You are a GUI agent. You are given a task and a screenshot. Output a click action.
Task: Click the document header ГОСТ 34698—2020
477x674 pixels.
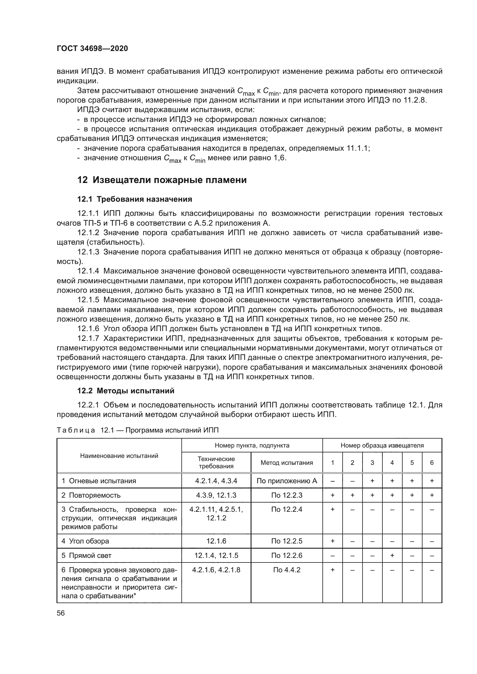[92, 49]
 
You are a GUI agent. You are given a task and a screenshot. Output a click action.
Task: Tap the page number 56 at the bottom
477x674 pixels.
[61, 613]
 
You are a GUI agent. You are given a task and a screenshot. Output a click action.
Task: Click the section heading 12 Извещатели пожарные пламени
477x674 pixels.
[162, 180]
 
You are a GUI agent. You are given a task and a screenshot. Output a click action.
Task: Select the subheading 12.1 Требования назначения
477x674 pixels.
[134, 199]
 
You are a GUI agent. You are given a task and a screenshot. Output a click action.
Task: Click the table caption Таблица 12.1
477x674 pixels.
[138, 430]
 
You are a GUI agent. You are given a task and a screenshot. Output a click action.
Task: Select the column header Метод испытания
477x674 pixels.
[287, 463]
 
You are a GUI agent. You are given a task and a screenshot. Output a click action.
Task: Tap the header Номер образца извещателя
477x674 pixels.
[382, 445]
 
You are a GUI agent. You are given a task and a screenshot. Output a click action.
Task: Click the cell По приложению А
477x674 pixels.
[287, 481]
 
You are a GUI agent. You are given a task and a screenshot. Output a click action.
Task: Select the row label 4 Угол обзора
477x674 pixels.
[85, 541]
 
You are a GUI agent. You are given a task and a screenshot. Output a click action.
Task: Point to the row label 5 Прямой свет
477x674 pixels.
[86, 555]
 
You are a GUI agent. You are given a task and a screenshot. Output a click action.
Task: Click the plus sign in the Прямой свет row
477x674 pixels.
[392, 555]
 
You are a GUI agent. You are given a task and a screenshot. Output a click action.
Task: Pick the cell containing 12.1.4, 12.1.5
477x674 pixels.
[216, 555]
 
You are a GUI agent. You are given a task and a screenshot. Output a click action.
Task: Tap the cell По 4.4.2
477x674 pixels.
[287, 570]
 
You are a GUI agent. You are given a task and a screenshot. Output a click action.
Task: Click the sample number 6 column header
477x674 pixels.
[431, 463]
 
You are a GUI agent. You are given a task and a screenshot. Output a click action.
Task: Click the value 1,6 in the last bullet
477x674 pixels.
[280, 158]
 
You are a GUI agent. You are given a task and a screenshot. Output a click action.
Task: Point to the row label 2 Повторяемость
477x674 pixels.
[91, 495]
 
